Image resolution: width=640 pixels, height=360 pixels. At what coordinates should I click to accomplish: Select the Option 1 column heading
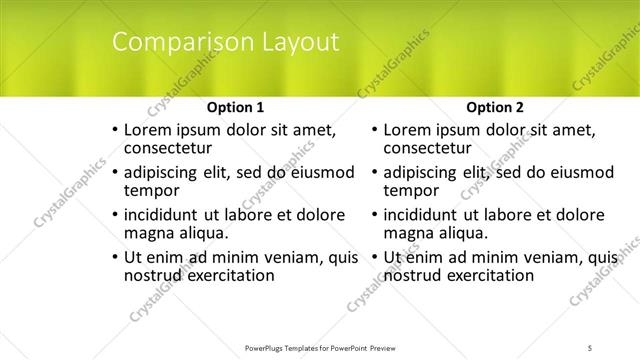(x=235, y=107)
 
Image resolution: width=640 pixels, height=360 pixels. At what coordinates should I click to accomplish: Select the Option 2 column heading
(x=495, y=107)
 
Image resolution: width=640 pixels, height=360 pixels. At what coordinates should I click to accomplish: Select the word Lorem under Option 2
(x=409, y=130)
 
